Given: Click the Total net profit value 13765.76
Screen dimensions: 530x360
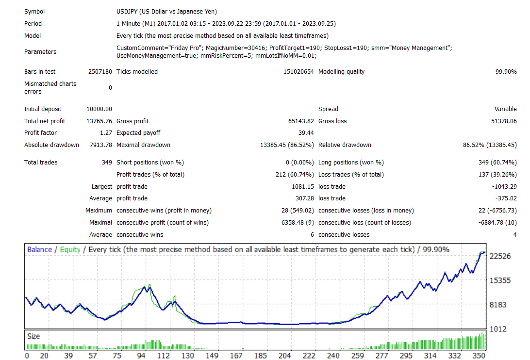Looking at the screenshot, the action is point(99,121).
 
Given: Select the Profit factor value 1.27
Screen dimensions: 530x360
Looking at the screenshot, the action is point(106,133).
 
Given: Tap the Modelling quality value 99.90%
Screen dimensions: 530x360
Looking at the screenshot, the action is point(506,72).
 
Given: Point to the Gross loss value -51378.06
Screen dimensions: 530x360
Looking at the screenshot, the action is point(503,121).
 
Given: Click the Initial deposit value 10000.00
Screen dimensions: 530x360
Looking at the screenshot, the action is point(99,109).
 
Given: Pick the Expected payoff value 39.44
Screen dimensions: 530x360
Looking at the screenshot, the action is point(306,133).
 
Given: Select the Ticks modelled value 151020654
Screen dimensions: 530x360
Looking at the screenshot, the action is point(298,72).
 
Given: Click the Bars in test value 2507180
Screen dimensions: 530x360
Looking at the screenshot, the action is point(100,72).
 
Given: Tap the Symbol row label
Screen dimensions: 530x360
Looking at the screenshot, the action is point(34,12).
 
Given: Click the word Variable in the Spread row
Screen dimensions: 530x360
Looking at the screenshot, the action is point(505,109).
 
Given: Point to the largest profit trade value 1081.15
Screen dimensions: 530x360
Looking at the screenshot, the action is point(303,187).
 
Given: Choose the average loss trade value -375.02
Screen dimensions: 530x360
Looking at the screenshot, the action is point(505,198).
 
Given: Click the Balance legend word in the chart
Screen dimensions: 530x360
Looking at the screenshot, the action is point(39,249).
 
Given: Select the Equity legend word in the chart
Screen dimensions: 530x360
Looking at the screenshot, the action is point(70,250).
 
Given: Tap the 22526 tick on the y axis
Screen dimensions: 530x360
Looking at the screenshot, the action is point(500,256).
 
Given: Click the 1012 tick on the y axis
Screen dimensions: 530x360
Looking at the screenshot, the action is point(498,329).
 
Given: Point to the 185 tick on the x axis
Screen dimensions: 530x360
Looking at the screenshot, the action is point(261,356).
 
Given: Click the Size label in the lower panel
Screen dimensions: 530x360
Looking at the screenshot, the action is point(33,336).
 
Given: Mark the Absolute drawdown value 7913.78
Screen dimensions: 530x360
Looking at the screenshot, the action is point(101,145).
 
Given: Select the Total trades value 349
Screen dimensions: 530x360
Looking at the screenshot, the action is point(107,163).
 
